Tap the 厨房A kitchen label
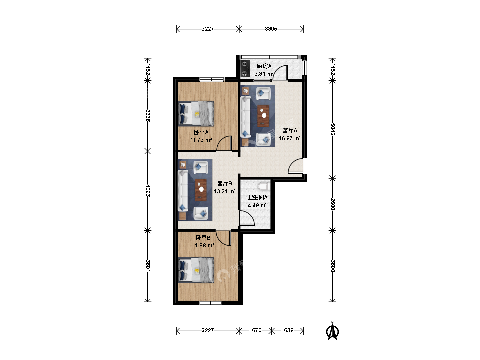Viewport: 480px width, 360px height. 264,66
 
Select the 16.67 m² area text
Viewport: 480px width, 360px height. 290,138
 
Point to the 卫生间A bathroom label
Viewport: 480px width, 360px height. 257,197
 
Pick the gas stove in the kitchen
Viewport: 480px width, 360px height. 245,68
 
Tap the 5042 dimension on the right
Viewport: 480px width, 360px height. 332,129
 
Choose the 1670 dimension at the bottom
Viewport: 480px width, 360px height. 255,330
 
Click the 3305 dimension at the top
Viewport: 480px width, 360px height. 271,29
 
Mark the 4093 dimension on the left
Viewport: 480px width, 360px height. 148,191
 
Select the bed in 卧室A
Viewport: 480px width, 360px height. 196,113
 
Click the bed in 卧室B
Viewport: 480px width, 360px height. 196,270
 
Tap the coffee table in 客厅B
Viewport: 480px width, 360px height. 201,190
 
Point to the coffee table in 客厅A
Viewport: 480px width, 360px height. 263,116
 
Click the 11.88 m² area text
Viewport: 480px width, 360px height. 203,245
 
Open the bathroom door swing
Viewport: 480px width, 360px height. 247,218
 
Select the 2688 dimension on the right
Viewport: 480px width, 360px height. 332,204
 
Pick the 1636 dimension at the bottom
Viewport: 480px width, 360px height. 287,330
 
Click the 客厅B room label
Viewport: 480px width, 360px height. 225,183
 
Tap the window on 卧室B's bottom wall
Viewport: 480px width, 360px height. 210,303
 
